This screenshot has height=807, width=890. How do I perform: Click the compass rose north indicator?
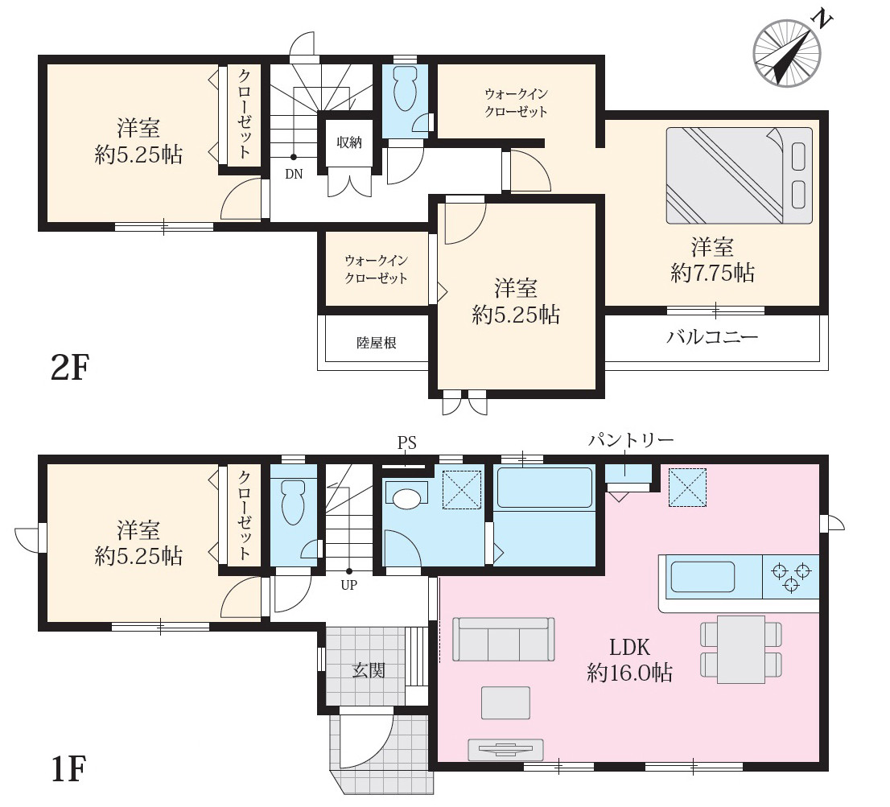click(x=788, y=53)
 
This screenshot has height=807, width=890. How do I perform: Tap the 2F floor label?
click(x=70, y=368)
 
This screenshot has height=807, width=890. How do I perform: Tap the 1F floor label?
click(x=68, y=768)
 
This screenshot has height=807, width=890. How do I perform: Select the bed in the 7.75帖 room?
click(x=739, y=175)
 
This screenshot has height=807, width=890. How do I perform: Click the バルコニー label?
click(x=712, y=337)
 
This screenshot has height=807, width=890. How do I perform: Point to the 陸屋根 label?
click(x=377, y=343)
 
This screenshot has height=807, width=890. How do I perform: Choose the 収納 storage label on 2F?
click(x=349, y=142)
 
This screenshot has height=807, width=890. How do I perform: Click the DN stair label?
click(x=294, y=175)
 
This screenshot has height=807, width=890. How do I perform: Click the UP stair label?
click(x=348, y=585)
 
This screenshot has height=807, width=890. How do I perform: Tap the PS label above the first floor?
click(x=406, y=443)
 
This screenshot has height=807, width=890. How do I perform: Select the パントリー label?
click(x=631, y=440)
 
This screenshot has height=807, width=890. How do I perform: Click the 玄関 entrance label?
click(x=369, y=670)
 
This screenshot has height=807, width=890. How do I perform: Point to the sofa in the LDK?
click(x=504, y=639)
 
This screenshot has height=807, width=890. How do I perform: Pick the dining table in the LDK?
click(x=740, y=649)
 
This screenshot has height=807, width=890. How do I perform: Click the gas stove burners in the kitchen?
click(x=791, y=577)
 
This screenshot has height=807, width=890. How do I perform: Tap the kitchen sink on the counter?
click(x=703, y=577)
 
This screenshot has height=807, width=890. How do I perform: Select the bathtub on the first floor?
click(x=544, y=487)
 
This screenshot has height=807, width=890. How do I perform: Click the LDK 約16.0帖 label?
click(x=629, y=660)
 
